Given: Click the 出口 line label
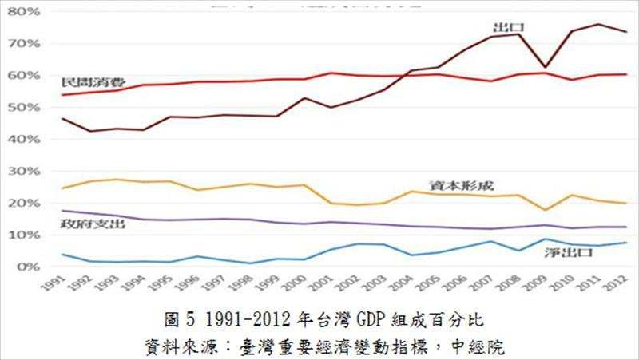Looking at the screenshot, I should (503, 28).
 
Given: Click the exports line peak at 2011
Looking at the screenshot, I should (598, 24).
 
